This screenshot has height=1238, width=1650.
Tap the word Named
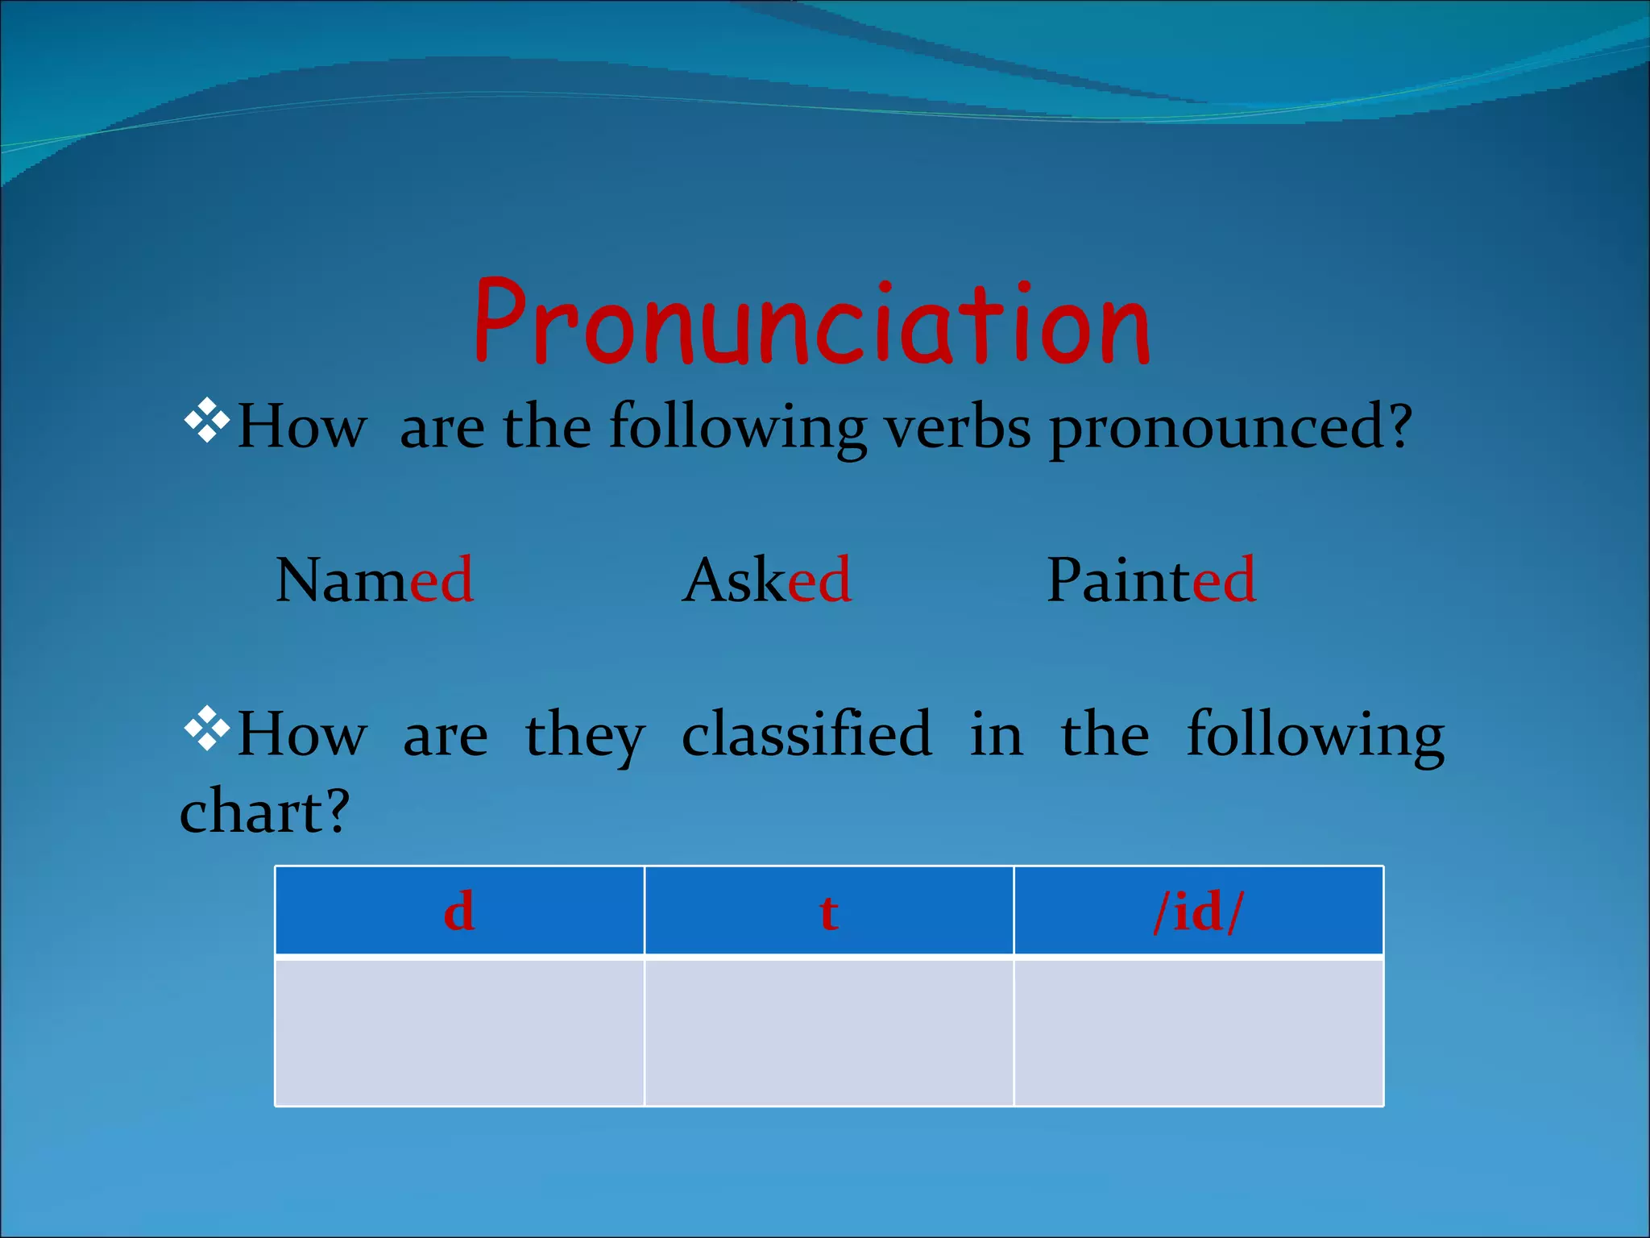375,580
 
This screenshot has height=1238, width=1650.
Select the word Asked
767,580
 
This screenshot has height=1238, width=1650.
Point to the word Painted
1150,580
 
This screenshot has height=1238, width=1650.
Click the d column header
459,912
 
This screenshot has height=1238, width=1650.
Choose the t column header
829,912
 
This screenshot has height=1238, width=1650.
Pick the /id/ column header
1199,912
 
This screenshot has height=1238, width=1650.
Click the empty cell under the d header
459,1032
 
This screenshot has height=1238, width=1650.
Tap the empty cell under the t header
829,1032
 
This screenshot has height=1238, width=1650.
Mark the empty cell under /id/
1199,1032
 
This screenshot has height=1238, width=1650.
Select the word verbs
958,427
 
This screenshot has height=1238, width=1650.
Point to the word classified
806,733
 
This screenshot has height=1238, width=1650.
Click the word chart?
264,812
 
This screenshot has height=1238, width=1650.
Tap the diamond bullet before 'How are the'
207,419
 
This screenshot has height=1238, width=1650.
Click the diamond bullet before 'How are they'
207,727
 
